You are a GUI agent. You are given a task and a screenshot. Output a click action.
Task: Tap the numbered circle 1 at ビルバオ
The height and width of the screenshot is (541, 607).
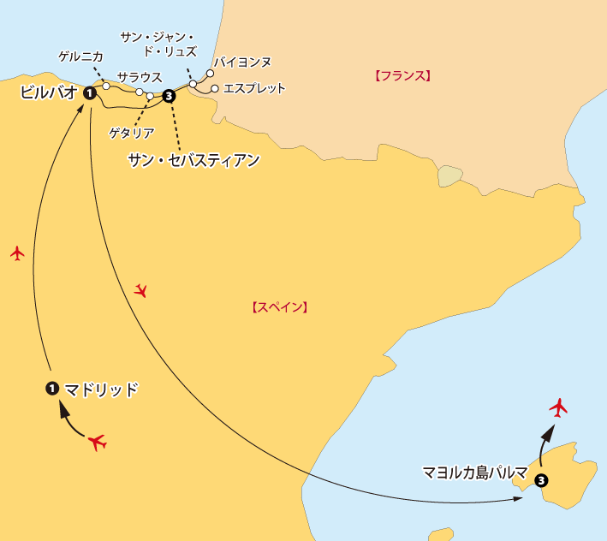point(89,93)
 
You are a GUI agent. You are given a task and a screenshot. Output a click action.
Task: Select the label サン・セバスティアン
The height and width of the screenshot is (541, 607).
point(193,159)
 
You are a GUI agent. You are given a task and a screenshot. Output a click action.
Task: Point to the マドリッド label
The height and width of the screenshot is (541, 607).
point(101,389)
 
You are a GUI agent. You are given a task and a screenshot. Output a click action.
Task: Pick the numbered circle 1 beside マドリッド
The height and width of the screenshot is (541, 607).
point(51,389)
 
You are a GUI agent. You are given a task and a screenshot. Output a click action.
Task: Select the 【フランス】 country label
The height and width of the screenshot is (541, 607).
point(402,75)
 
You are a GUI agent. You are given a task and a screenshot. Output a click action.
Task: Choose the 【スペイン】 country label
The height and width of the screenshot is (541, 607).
point(279,306)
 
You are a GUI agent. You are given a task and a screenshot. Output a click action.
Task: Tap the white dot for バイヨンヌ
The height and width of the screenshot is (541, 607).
point(210,74)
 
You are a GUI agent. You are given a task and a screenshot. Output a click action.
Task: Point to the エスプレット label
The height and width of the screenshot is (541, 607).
point(254,88)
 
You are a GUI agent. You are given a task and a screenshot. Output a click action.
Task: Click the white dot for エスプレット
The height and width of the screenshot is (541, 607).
point(214,88)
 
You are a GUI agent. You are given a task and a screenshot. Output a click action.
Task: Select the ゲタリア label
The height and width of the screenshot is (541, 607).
point(132,133)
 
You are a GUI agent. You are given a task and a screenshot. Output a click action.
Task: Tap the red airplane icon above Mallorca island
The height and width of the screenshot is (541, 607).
point(559,407)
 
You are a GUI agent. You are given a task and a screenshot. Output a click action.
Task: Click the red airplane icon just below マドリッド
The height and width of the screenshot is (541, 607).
point(97,443)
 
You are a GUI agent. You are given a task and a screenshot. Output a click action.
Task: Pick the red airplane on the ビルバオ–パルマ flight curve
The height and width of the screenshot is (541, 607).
point(141,291)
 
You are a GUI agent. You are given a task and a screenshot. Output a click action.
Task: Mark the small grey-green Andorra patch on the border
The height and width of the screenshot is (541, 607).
point(449,176)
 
